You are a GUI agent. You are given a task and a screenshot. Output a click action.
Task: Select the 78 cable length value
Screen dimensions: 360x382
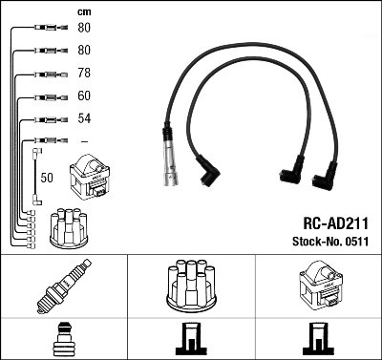click(84, 74)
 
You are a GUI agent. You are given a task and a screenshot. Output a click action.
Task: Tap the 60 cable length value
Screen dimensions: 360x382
click(84, 95)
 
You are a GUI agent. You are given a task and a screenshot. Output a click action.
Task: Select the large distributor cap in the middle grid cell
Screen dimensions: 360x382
click(190, 286)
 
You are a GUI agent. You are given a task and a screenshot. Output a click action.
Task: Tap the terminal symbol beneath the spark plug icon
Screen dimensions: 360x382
click(63, 339)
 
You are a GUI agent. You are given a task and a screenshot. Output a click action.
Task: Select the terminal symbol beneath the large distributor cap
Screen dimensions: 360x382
click(190, 339)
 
